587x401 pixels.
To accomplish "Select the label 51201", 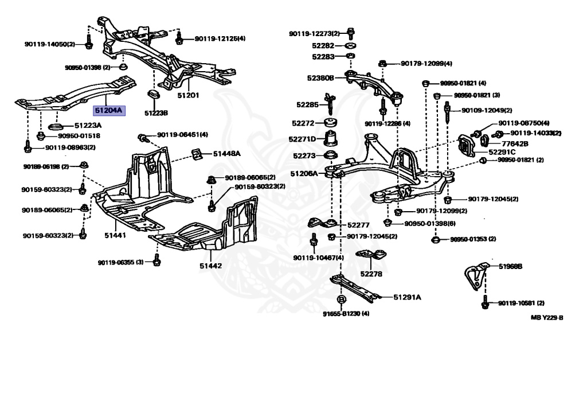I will point(188,95).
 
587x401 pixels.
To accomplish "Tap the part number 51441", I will point(115,235).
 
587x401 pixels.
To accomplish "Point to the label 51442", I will point(210,266).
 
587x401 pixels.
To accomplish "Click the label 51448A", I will point(227,154).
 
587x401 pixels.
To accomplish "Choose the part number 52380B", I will point(320,78).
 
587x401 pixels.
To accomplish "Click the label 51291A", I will point(407,297).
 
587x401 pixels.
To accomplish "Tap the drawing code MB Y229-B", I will point(546,317).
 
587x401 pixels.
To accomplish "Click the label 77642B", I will point(515,143).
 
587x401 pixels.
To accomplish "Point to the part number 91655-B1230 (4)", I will point(346,313).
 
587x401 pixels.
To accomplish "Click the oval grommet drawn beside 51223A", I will point(56,126).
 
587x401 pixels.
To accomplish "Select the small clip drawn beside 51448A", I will point(196,153).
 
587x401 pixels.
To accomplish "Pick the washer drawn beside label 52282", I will point(350,45).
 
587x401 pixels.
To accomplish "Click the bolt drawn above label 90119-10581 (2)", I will point(485,302).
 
